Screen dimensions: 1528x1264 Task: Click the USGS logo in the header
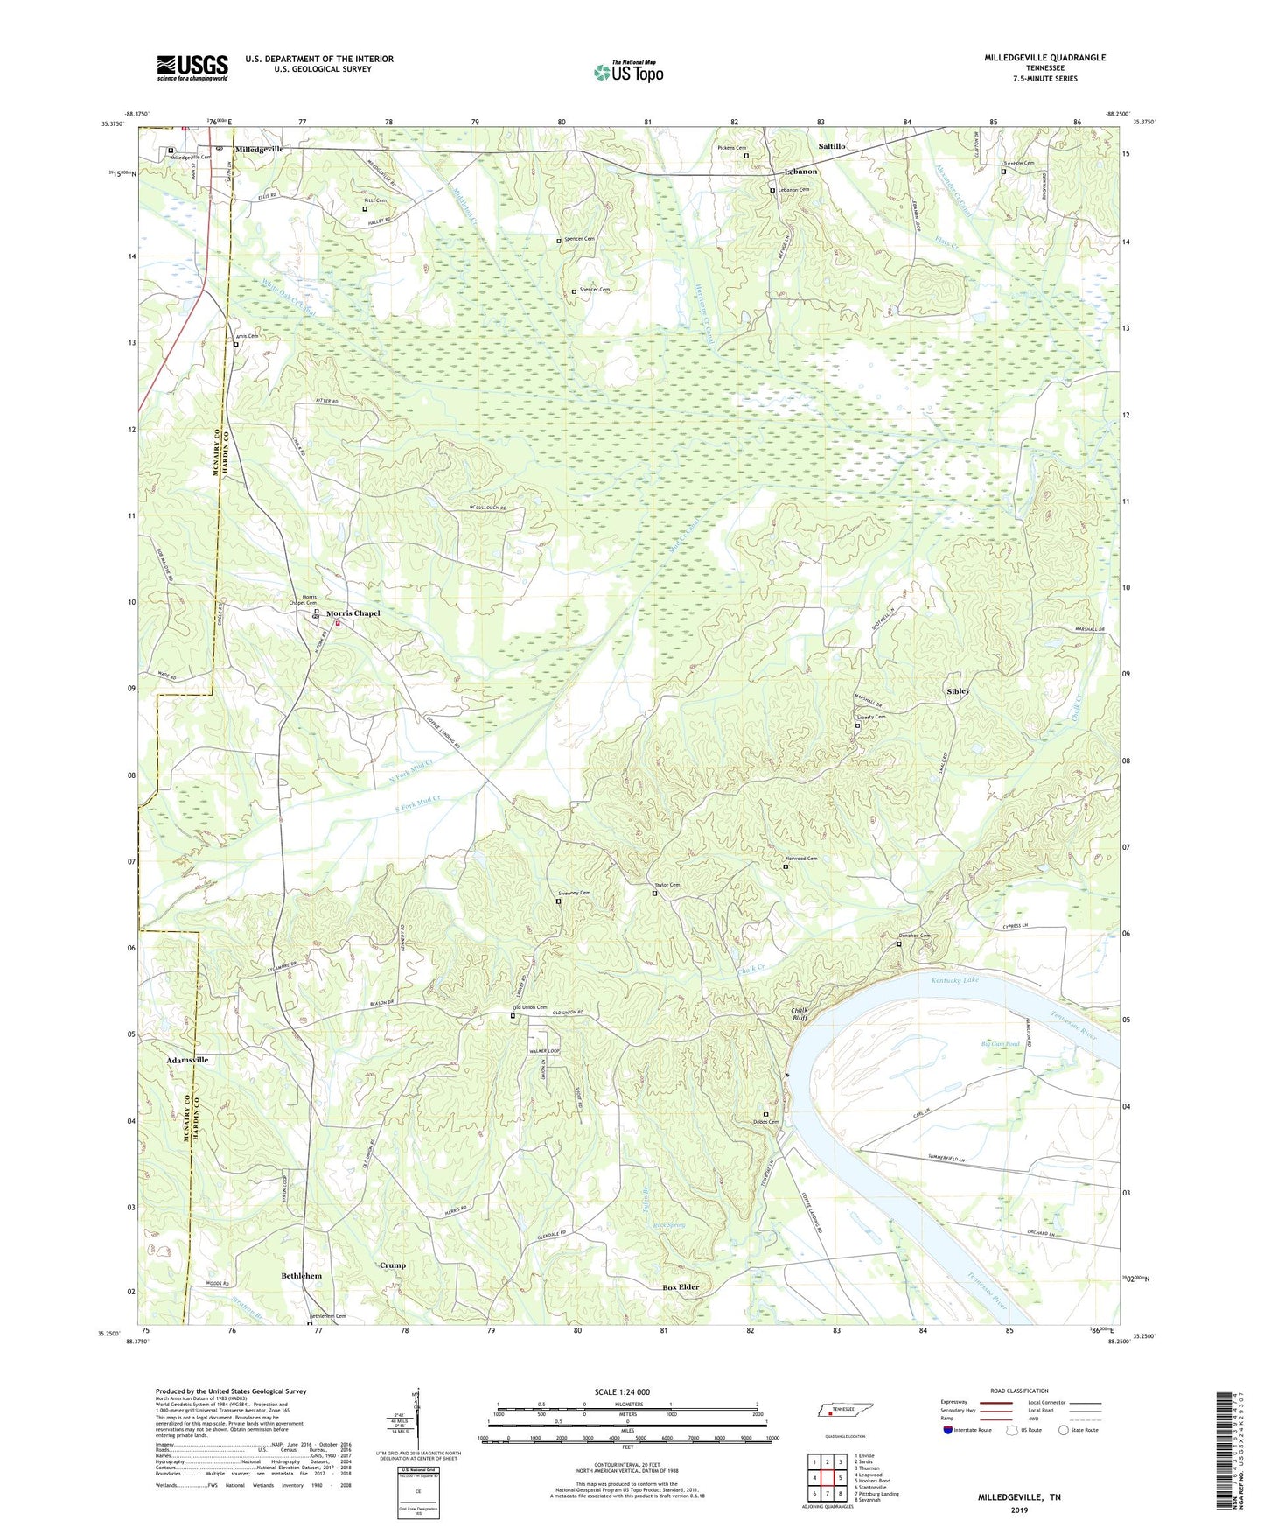pos(192,67)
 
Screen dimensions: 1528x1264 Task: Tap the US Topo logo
pos(628,72)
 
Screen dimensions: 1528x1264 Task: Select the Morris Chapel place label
pos(353,613)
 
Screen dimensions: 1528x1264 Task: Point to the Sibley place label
pos(958,691)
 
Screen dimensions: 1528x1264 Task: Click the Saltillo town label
pos(831,146)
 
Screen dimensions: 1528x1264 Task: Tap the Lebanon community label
pos(800,172)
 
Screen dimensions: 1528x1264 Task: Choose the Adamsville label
pos(187,1060)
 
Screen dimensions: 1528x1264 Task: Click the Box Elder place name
pos(681,1287)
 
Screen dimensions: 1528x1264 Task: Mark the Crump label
pos(393,1265)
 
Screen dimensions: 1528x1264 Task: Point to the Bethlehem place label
pos(301,1276)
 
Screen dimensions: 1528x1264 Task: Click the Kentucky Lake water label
pos(954,980)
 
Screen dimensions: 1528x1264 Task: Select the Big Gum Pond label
pos(1000,1044)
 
